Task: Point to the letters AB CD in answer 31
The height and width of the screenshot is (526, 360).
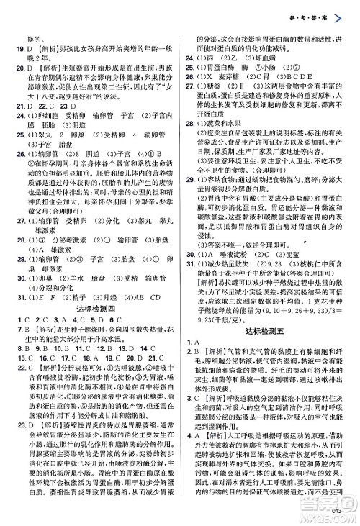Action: point(154,276)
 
